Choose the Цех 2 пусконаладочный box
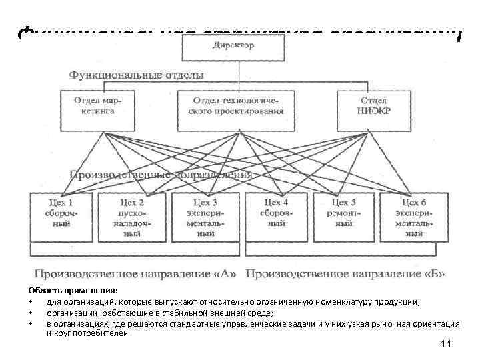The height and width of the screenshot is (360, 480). point(132,217)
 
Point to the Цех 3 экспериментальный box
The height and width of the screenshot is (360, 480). point(205,217)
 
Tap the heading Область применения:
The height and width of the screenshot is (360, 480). point(72,291)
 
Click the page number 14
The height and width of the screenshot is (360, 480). point(446,343)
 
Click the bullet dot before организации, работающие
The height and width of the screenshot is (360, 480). point(31,312)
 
